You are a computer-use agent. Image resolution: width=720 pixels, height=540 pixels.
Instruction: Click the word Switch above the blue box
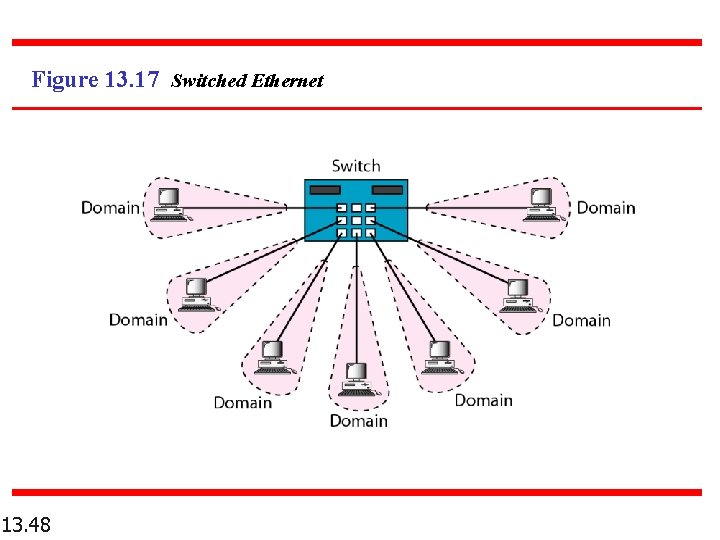(x=356, y=166)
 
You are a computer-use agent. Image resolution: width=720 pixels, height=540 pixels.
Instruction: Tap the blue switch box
(x=356, y=211)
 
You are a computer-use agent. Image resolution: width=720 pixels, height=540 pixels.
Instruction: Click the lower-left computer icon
(x=271, y=357)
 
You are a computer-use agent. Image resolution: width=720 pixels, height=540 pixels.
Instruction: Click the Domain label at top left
(x=110, y=208)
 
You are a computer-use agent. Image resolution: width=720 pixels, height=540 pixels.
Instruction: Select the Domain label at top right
(x=606, y=208)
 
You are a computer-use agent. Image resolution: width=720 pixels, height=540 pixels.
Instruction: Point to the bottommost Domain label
(x=358, y=421)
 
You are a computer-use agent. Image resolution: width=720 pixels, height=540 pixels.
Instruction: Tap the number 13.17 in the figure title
(x=131, y=80)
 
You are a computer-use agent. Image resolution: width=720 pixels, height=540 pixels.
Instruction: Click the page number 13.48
(x=27, y=524)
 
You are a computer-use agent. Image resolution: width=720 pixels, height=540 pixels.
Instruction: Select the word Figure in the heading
(x=65, y=80)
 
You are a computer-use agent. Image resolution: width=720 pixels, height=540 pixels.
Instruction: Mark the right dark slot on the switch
(x=387, y=190)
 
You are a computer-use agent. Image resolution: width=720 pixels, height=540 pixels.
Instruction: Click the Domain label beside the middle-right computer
(x=581, y=320)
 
